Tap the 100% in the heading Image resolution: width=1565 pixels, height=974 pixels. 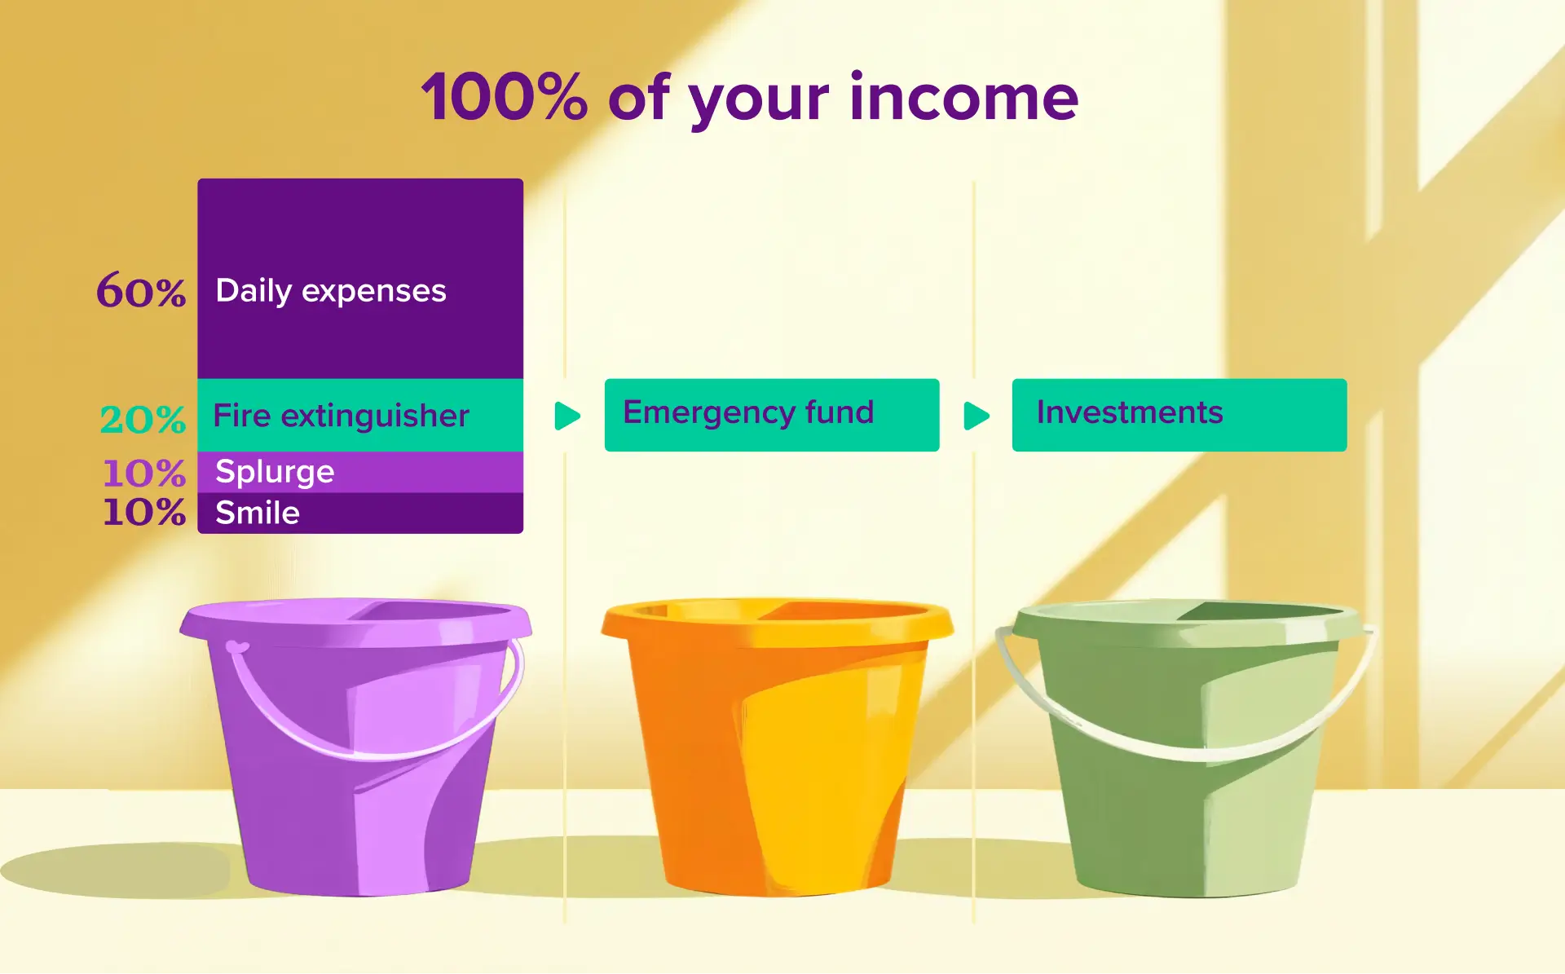(504, 98)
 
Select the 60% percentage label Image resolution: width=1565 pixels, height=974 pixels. (141, 291)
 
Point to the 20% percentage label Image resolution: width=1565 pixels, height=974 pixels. (143, 420)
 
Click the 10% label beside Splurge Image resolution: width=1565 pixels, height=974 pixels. (144, 473)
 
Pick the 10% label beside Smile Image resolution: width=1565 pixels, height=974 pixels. (144, 512)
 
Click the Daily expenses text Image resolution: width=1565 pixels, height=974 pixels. (331, 291)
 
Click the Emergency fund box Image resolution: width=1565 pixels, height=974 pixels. (771, 414)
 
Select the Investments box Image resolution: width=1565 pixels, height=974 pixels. (1179, 414)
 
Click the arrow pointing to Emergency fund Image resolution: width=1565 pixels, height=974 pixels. (567, 416)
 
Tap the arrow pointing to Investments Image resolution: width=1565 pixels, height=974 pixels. (976, 416)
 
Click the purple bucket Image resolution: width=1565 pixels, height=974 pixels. (359, 799)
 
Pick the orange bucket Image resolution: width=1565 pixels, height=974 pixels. (774, 782)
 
